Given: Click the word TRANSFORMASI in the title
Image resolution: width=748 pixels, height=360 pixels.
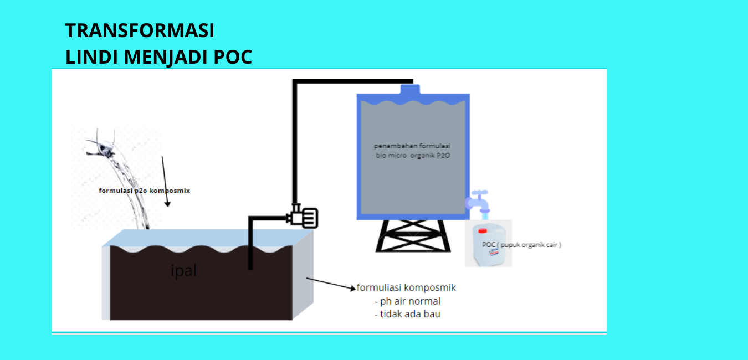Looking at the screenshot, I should (140, 30).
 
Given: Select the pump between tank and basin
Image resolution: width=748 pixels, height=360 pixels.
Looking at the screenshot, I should (304, 216).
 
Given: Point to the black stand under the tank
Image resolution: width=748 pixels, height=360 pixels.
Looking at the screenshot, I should (412, 235).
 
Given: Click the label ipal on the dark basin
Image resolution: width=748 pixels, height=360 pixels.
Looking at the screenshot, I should (183, 271).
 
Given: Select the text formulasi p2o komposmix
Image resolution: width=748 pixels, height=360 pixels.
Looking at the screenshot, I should (144, 191).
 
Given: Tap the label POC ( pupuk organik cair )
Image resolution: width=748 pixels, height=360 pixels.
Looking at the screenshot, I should (521, 244).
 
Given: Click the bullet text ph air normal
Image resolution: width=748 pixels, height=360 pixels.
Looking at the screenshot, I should (410, 301).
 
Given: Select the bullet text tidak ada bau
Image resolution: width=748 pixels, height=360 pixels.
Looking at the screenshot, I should (410, 314).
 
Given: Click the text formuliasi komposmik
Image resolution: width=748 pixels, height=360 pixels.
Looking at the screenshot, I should (406, 288).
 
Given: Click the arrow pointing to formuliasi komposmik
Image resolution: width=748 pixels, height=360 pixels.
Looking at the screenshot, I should (330, 284).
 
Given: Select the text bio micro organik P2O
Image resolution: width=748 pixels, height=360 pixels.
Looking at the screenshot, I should (413, 156).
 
